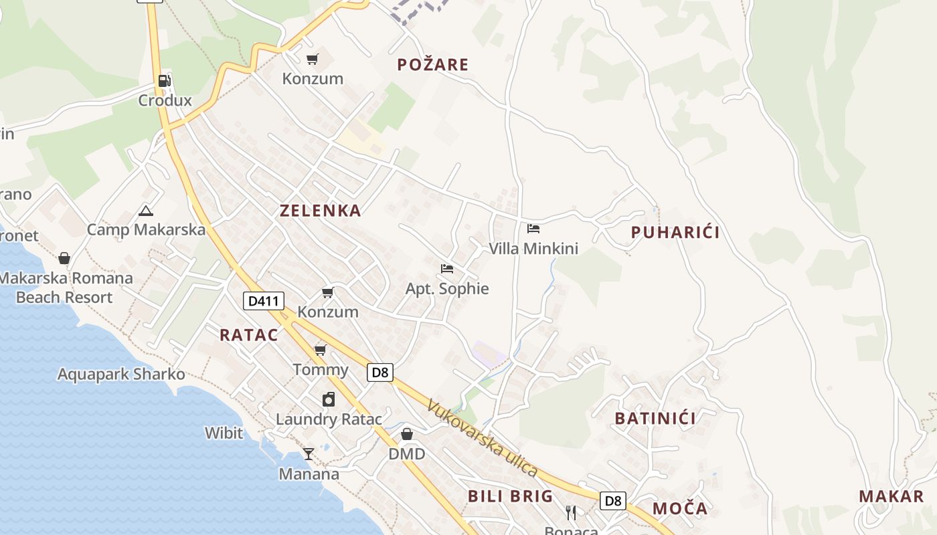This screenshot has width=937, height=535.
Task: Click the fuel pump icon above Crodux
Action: [164, 81]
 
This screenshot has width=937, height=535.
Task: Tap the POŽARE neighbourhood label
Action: [432, 65]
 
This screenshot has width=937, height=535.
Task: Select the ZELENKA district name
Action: [320, 211]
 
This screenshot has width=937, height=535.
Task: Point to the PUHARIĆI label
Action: [675, 233]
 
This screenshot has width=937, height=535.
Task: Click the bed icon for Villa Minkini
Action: [533, 229]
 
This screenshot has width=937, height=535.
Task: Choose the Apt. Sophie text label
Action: [447, 289]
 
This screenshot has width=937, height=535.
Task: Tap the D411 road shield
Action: [262, 301]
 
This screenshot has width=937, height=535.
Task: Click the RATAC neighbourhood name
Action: [248, 335]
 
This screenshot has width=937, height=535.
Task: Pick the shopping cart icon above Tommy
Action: [321, 350]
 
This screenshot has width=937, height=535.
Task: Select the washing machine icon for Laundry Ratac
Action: [329, 399]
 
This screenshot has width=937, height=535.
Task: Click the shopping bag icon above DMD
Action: [406, 435]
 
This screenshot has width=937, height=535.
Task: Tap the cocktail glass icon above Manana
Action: [308, 454]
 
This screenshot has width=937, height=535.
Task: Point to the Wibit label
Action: [224, 433]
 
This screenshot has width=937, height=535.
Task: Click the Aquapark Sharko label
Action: [121, 374]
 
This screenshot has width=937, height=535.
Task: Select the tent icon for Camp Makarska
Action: [145, 211]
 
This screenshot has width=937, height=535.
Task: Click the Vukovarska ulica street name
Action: [482, 439]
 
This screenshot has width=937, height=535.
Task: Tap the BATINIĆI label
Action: [655, 419]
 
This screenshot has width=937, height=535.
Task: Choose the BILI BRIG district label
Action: [510, 496]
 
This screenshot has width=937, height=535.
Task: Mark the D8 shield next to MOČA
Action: [612, 500]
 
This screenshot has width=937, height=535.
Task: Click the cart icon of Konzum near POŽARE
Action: [313, 60]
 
